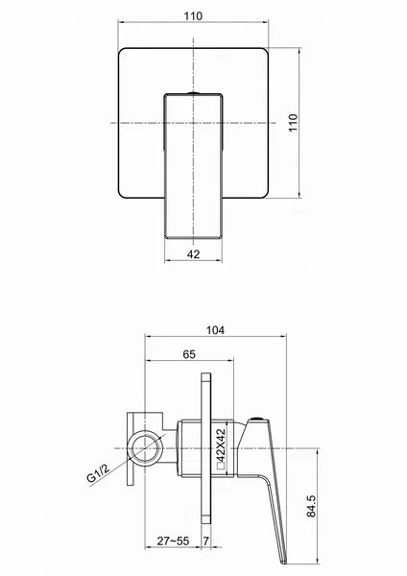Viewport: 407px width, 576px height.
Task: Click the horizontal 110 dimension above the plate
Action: tap(193, 16)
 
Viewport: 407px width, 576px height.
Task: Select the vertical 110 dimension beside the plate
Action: tap(293, 123)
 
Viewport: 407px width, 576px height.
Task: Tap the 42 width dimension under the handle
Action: tap(193, 253)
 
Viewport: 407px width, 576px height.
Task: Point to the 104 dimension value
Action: tap(215, 330)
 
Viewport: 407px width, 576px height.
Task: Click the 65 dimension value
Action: tap(189, 354)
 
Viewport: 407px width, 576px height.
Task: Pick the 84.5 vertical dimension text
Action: tap(311, 506)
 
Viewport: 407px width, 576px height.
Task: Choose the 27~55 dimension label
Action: tap(173, 540)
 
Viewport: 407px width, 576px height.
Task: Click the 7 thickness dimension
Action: tap(206, 540)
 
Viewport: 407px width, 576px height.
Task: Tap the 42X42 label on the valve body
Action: tap(221, 444)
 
